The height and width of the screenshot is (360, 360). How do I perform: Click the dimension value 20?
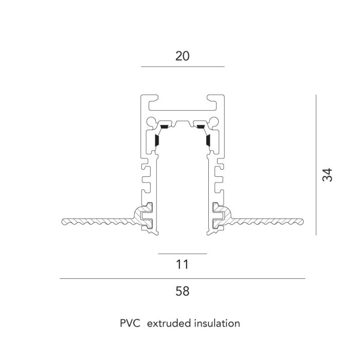tap(183, 56)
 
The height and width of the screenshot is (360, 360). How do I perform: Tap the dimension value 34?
tap(327, 175)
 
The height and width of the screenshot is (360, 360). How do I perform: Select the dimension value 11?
tap(183, 264)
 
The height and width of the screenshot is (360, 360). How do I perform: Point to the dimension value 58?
tap(183, 291)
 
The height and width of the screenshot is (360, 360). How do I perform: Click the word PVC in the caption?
tap(130, 323)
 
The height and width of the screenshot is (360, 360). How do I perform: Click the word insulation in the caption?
tap(217, 323)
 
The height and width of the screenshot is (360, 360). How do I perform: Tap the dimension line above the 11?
tap(183, 254)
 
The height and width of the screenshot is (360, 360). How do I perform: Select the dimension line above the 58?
tap(183, 279)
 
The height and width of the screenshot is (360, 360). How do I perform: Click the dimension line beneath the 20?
tap(183, 66)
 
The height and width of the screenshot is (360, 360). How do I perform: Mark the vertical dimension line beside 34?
tap(316, 165)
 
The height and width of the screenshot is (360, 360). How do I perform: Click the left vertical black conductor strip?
tap(157, 140)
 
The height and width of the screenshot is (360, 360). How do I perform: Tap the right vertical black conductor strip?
tap(208, 140)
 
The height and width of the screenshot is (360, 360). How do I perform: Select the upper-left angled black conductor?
tap(164, 127)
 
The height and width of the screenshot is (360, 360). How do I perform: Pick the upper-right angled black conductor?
tap(201, 127)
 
